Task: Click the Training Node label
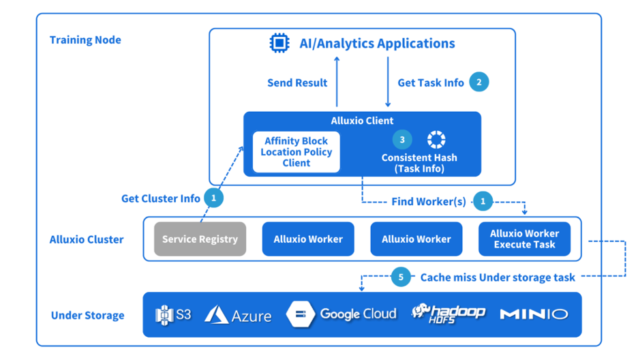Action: coord(85,40)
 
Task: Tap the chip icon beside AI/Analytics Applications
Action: coord(279,44)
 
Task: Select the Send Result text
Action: coord(297,83)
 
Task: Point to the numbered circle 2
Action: coord(479,82)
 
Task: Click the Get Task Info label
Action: coord(430,83)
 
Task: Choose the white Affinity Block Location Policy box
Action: coord(296,152)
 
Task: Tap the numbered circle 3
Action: coord(402,140)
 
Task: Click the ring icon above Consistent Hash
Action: coord(436,140)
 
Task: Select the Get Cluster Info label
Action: coord(161,198)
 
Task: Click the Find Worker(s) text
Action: coord(429,202)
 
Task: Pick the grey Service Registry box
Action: coord(200,239)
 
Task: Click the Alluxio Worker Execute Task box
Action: coord(524,239)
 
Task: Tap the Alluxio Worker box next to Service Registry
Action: coord(308,239)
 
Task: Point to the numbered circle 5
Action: coord(401,277)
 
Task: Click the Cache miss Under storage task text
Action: coord(498,277)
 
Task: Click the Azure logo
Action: coord(238,315)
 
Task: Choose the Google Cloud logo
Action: coord(341,314)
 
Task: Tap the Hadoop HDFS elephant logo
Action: coord(448,313)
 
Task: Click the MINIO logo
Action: coord(534,314)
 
